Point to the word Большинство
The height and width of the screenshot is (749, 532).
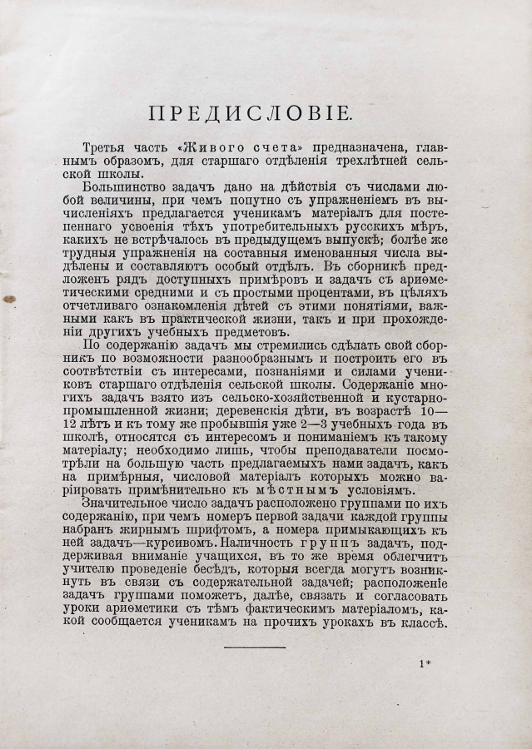tap(122, 187)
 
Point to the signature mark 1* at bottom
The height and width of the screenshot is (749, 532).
tap(425, 663)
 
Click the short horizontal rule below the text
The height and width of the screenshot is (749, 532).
tap(255, 647)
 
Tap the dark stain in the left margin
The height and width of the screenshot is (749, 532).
tap(9, 297)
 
